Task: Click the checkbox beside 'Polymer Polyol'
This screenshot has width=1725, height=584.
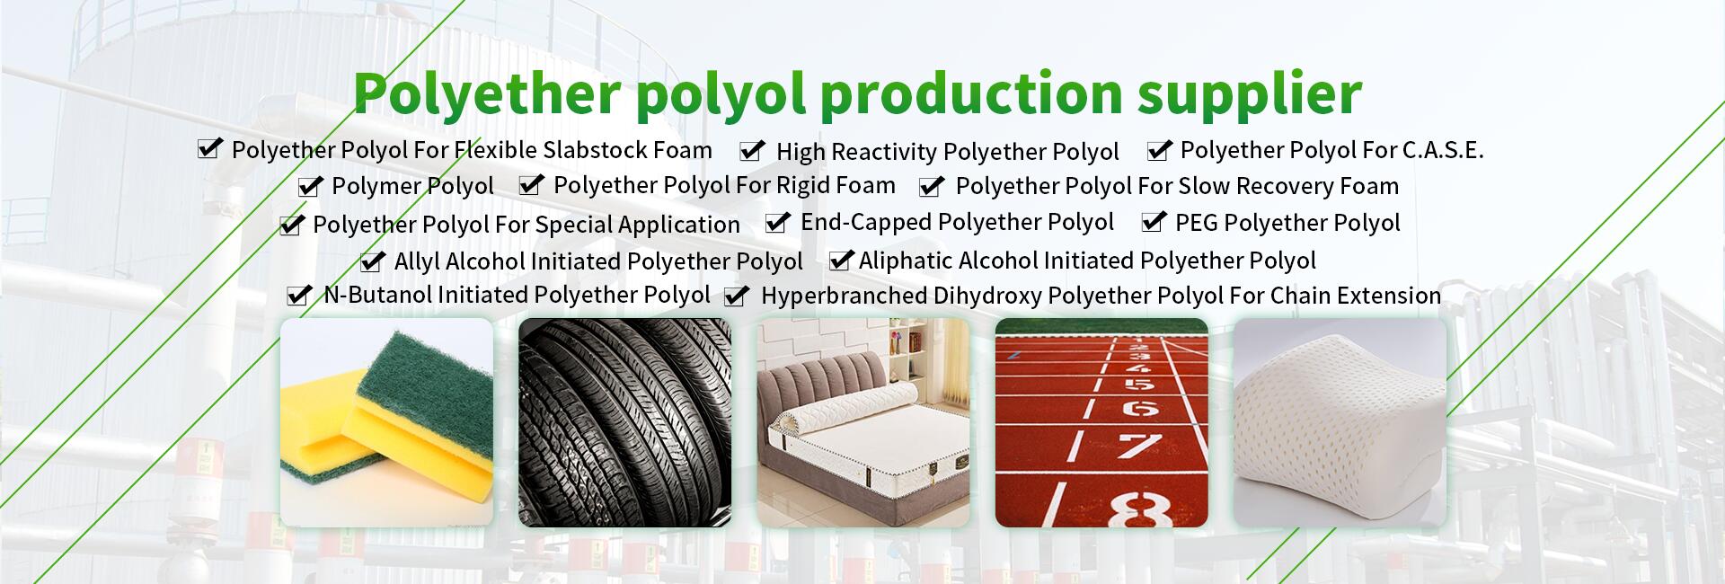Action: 310,186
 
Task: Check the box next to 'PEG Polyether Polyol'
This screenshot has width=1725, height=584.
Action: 1154,222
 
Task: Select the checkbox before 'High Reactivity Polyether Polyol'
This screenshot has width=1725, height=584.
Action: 753,150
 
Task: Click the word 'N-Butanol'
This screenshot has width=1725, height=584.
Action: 377,295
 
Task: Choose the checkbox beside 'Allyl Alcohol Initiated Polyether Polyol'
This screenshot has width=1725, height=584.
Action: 372,261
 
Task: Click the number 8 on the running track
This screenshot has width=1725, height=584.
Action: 1139,509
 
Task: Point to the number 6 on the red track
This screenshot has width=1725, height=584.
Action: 1139,408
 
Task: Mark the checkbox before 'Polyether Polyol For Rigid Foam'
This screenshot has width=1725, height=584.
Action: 532,185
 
